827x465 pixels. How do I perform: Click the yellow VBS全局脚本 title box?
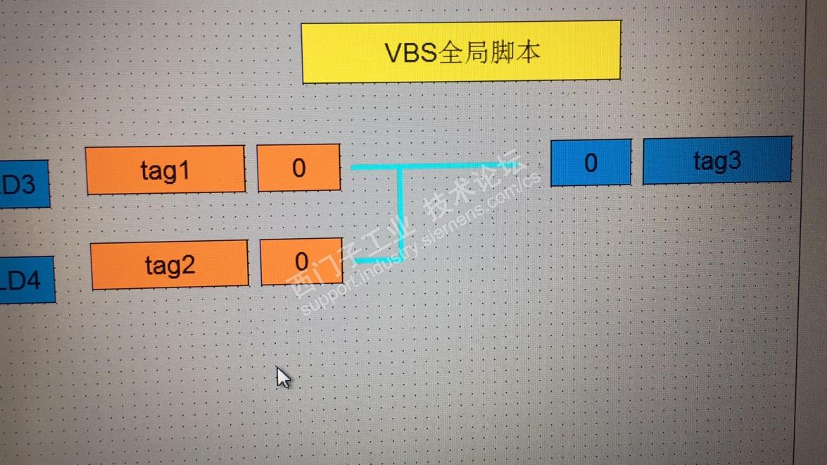pyautogui.click(x=461, y=52)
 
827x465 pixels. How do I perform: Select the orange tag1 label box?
pyautogui.click(x=165, y=170)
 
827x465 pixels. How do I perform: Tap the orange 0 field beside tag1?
pyautogui.click(x=299, y=168)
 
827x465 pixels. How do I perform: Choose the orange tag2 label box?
pyautogui.click(x=170, y=264)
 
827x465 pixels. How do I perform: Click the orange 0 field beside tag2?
pyautogui.click(x=302, y=262)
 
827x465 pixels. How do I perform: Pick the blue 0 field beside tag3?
pyautogui.click(x=591, y=163)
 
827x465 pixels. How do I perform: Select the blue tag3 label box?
pyautogui.click(x=717, y=161)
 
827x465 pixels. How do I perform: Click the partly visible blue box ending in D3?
pyautogui.click(x=23, y=185)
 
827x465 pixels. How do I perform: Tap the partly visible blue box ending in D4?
pyautogui.click(x=25, y=280)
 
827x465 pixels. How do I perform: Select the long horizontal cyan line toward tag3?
pyautogui.click(x=450, y=167)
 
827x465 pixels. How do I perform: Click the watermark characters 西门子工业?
pyautogui.click(x=352, y=257)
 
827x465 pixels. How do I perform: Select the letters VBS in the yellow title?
pyautogui.click(x=410, y=53)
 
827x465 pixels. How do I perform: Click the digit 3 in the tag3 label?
pyautogui.click(x=734, y=161)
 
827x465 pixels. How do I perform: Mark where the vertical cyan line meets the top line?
pyautogui.click(x=402, y=168)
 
